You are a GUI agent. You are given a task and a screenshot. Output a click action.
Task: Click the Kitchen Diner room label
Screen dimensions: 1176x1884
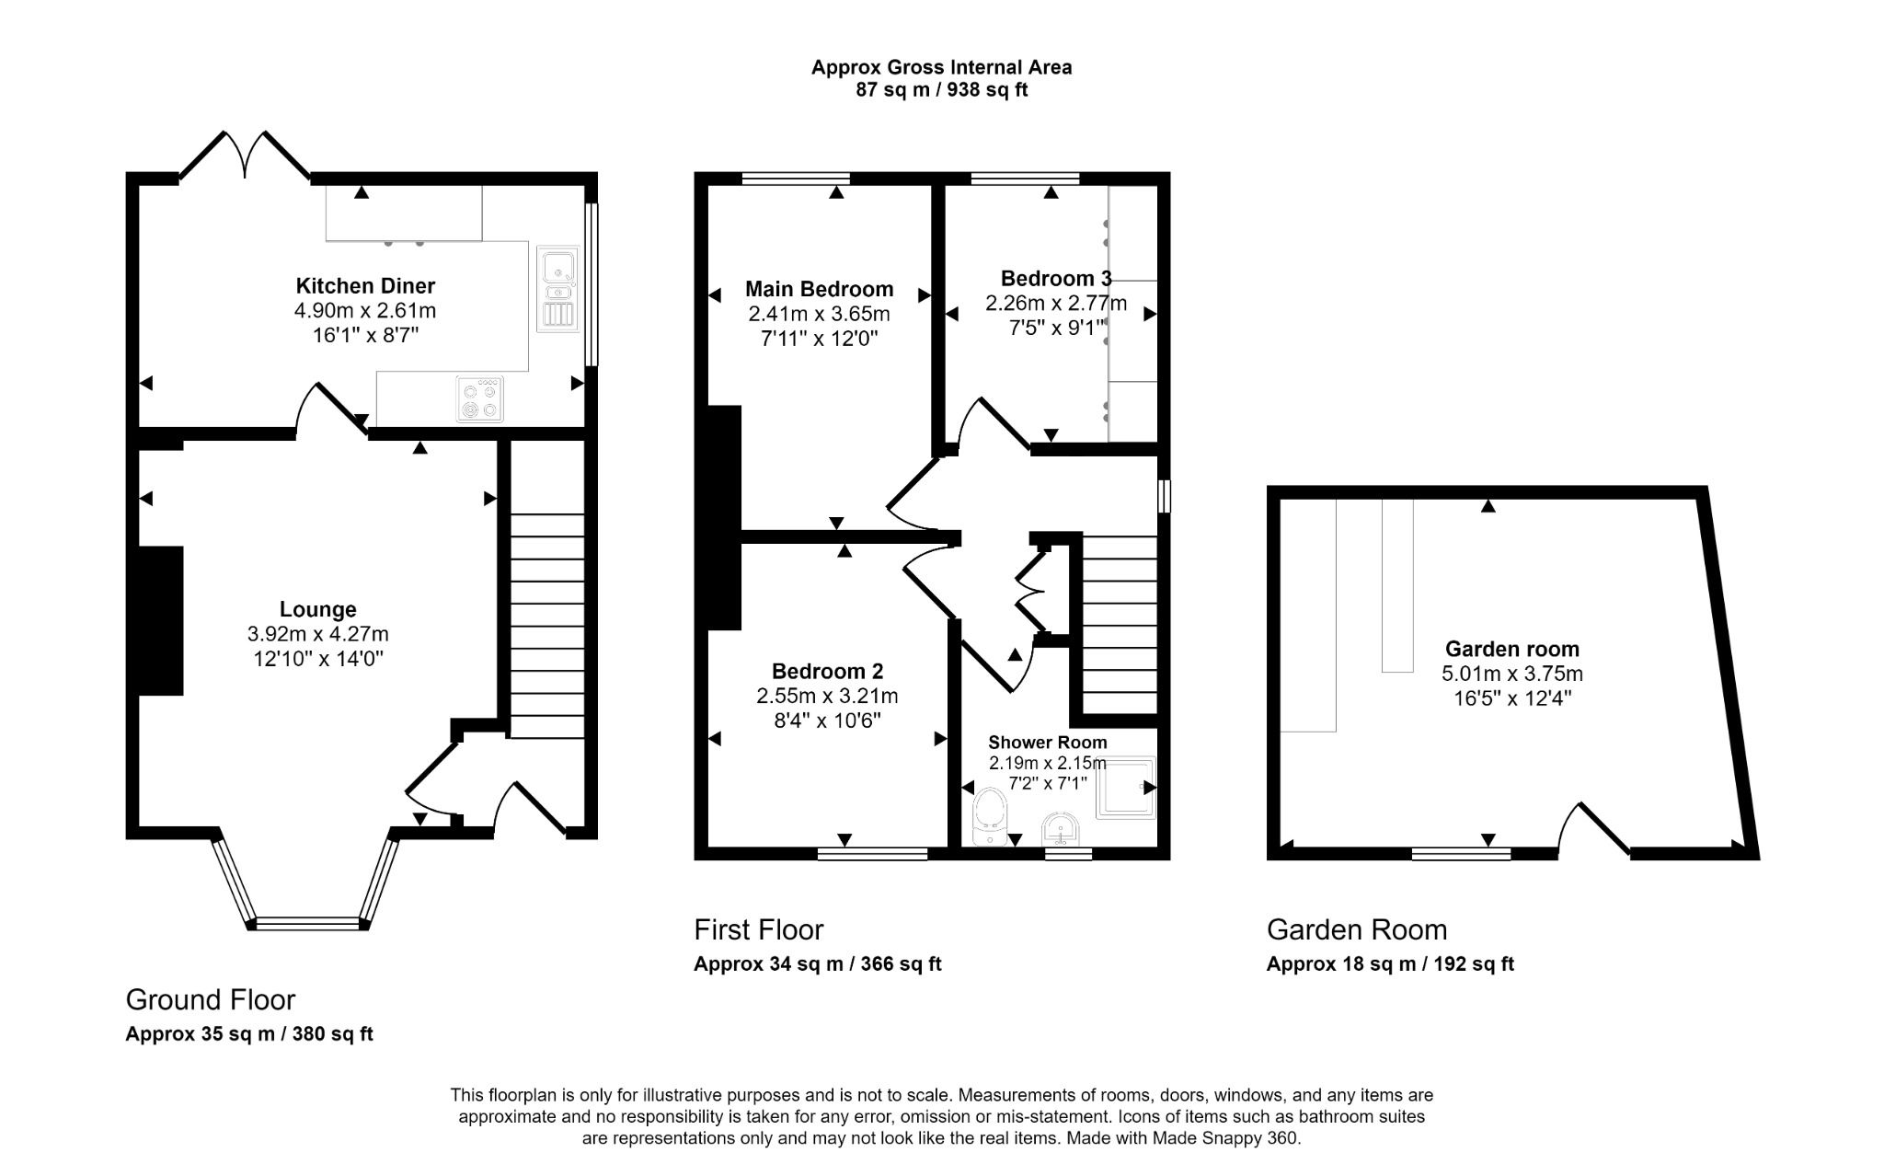pyautogui.click(x=365, y=285)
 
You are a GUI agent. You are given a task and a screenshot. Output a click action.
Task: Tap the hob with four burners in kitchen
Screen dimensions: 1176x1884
pyautogui.click(x=480, y=399)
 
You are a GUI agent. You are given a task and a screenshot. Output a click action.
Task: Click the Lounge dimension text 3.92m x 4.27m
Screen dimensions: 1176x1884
pyautogui.click(x=317, y=634)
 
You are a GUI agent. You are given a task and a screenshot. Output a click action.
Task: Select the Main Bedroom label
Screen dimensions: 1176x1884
pyautogui.click(x=819, y=289)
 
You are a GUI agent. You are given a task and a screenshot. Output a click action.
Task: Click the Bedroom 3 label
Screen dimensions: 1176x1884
pyautogui.click(x=1055, y=278)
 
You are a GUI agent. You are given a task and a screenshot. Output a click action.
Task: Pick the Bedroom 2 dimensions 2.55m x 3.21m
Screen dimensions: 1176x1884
pyautogui.click(x=827, y=696)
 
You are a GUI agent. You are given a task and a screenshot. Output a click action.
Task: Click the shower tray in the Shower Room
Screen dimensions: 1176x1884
pyautogui.click(x=1125, y=787)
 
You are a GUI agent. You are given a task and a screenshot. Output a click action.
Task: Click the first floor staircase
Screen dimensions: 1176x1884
pyautogui.click(x=1119, y=626)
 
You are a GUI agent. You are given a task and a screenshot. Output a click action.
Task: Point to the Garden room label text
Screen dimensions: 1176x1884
pyautogui.click(x=1511, y=649)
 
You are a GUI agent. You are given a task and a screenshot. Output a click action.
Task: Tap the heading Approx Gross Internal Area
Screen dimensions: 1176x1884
pyautogui.click(x=941, y=67)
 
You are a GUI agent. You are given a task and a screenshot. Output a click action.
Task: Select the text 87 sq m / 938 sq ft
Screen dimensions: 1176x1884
pyautogui.click(x=941, y=90)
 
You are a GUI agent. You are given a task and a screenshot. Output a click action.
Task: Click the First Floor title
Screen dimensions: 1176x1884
pyautogui.click(x=758, y=929)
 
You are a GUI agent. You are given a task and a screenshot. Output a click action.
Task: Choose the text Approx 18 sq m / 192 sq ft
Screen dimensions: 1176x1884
pyautogui.click(x=1389, y=963)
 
